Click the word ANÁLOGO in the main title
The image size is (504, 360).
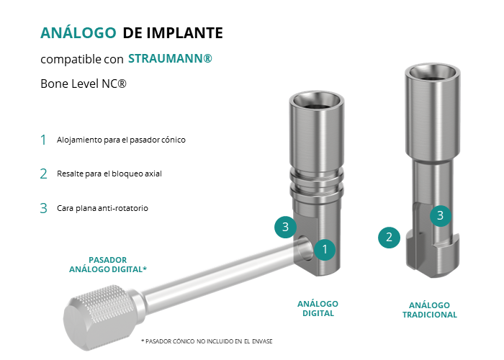(x=78, y=32)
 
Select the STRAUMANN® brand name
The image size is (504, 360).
(x=170, y=58)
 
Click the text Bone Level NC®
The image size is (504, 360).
(x=84, y=84)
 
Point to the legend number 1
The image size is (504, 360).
(x=43, y=140)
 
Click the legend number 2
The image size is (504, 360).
(x=43, y=174)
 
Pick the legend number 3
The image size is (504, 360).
(x=43, y=208)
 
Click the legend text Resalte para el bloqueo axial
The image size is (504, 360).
(x=109, y=174)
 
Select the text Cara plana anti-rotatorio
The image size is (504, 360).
(x=102, y=208)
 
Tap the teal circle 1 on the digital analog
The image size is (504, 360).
(x=325, y=249)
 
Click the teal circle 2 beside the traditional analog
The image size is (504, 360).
(x=389, y=238)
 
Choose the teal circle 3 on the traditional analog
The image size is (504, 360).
(x=441, y=216)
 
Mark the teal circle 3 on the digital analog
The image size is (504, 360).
(x=285, y=228)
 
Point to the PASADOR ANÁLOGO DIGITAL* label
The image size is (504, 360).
(x=108, y=264)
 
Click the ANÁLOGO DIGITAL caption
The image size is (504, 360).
(x=318, y=309)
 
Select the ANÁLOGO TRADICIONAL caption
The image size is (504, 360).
(x=429, y=310)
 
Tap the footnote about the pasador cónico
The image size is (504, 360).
(x=207, y=341)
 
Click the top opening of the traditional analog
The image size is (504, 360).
(x=432, y=73)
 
